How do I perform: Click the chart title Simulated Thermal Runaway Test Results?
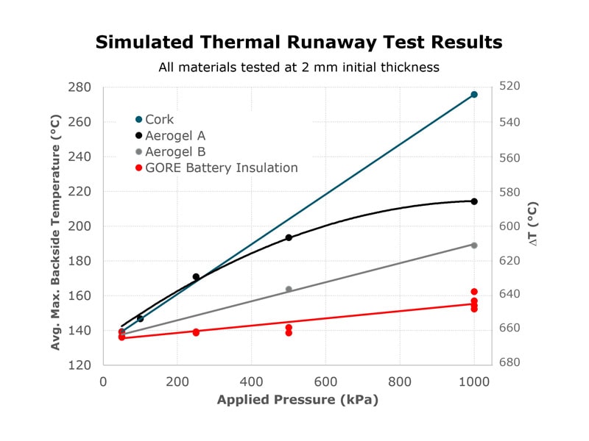pos(298,42)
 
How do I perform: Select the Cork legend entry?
pos(159,119)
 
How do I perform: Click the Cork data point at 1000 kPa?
pos(474,94)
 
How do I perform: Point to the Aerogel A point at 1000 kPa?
pos(474,201)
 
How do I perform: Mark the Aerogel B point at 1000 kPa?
pos(474,245)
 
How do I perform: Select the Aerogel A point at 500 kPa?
pos(289,237)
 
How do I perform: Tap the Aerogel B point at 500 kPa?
pos(289,289)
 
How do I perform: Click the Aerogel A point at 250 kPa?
pos(196,277)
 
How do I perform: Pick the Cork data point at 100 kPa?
pos(140,319)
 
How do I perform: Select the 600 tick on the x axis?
pos(326,383)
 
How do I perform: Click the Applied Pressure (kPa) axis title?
pos(297,401)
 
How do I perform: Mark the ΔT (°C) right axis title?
pos(533,223)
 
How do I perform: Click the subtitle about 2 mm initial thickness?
pos(298,68)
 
